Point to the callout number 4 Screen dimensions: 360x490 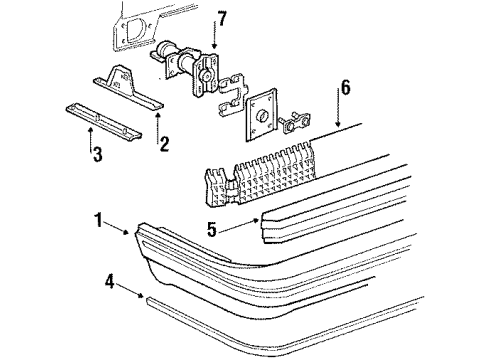(109, 283)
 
